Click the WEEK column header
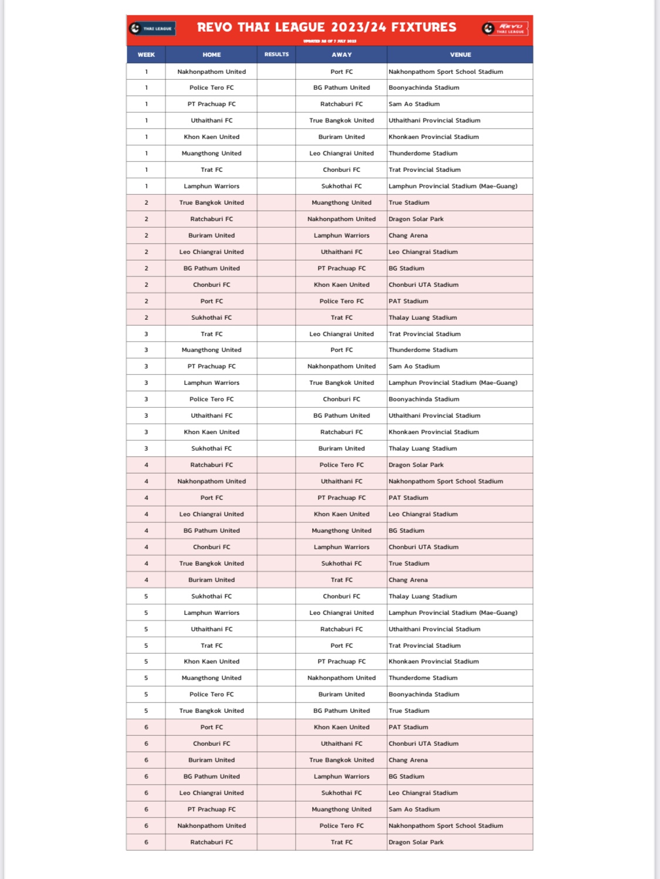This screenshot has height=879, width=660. [x=146, y=55]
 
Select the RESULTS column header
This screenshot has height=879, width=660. [x=276, y=55]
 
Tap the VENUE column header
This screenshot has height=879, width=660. [x=460, y=55]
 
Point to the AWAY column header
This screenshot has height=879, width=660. [x=341, y=55]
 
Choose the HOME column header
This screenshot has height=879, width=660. [x=211, y=55]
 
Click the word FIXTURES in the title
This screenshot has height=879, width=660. [x=424, y=28]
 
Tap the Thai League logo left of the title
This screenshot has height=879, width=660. [x=152, y=28]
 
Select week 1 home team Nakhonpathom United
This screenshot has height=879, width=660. [x=211, y=72]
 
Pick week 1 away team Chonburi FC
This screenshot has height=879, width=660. [x=341, y=170]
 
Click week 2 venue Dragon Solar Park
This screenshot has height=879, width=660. [x=416, y=219]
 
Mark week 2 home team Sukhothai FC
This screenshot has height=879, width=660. [x=211, y=317]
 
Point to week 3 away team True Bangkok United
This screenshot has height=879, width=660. [x=341, y=383]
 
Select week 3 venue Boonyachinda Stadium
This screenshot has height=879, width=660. [x=424, y=399]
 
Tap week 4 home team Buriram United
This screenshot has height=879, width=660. [x=211, y=580]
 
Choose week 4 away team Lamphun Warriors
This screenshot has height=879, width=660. [x=341, y=547]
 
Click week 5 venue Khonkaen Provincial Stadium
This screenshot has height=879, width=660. [x=434, y=661]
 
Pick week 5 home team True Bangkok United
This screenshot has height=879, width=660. [x=211, y=711]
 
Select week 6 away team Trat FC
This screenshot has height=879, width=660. [x=341, y=842]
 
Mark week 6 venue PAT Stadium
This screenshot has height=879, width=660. [x=408, y=727]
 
